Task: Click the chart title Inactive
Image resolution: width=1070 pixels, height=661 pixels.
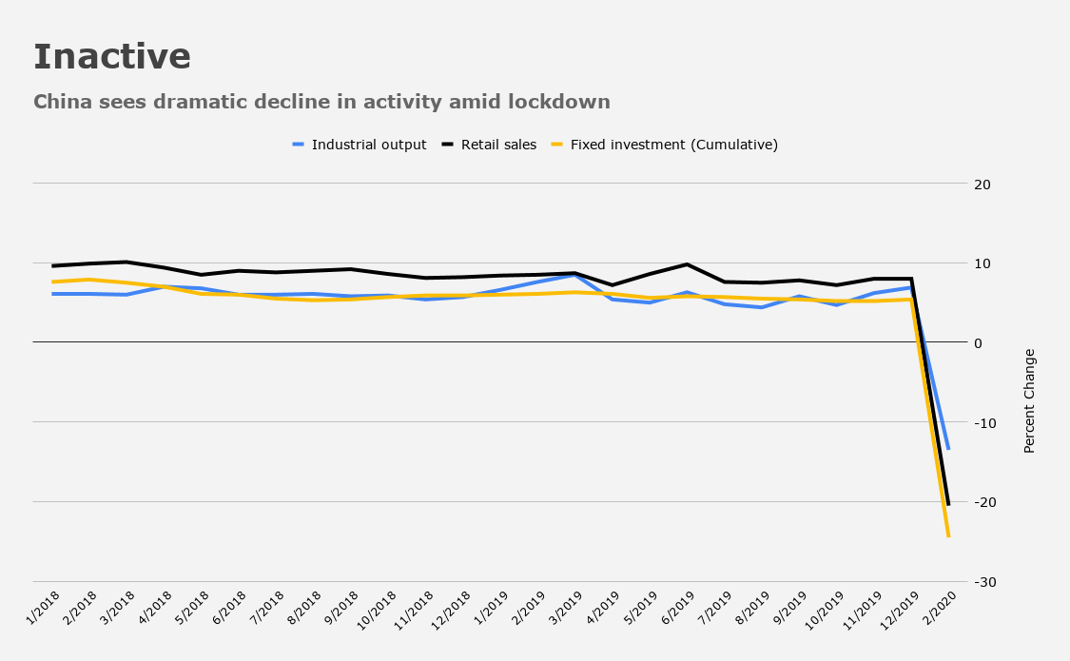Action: click(x=112, y=57)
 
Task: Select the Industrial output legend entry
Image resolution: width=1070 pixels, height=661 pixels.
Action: click(x=360, y=145)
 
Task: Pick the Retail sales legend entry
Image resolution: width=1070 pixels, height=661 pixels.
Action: click(x=489, y=145)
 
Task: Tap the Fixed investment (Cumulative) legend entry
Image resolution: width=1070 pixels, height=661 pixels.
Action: click(x=665, y=145)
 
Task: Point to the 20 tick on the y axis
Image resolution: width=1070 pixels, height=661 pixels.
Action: click(x=982, y=185)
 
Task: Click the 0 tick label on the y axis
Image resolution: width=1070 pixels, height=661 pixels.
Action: click(x=979, y=343)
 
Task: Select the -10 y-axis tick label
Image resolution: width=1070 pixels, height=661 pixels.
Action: click(x=984, y=423)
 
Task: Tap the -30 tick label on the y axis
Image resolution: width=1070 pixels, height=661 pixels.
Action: click(x=984, y=582)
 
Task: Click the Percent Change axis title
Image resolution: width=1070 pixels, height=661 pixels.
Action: click(x=1030, y=401)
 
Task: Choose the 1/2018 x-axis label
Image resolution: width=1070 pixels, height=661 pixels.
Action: click(x=42, y=608)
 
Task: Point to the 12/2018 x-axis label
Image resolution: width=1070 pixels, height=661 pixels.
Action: click(x=452, y=610)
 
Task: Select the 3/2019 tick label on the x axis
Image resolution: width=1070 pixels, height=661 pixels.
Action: click(x=566, y=608)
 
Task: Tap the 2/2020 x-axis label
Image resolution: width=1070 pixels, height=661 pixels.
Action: click(x=940, y=608)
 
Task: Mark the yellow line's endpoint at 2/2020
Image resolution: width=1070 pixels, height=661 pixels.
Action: click(x=948, y=536)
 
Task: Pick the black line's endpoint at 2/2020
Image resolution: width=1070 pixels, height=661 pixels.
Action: click(x=948, y=505)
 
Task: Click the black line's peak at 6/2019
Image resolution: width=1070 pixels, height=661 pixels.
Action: click(x=687, y=264)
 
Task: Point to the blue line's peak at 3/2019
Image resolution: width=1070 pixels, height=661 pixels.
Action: click(x=575, y=275)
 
